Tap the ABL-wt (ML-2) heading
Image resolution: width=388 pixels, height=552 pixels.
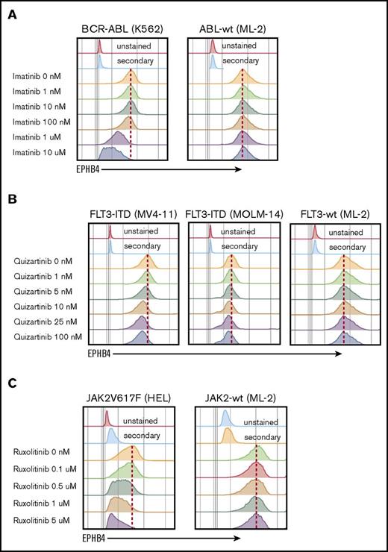234,28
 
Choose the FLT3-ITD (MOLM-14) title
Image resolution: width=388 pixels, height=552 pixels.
234,215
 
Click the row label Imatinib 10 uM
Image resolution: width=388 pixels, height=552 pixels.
43,153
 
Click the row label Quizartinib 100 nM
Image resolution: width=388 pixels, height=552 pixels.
50,337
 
